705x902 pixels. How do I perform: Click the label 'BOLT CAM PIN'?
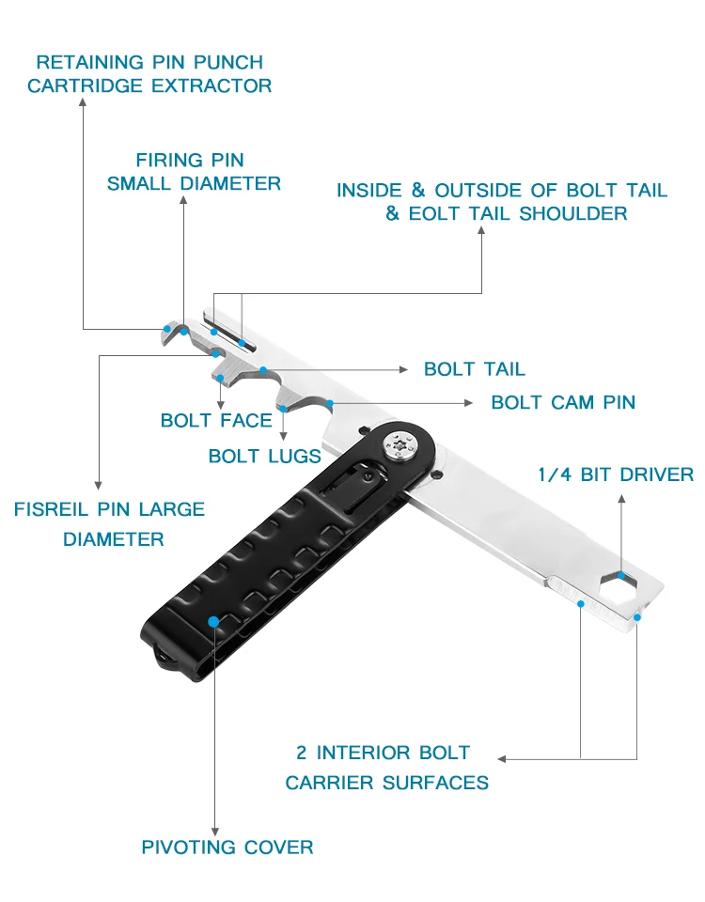(563, 402)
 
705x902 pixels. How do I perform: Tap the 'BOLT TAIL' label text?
(474, 368)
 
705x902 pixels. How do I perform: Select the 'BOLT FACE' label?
(216, 420)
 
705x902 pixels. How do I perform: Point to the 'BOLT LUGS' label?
(264, 457)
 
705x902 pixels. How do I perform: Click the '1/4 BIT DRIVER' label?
(616, 474)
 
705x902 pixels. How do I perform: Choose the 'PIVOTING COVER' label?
(227, 848)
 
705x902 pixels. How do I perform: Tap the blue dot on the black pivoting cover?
(214, 622)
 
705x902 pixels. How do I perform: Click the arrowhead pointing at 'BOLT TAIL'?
(403, 368)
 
